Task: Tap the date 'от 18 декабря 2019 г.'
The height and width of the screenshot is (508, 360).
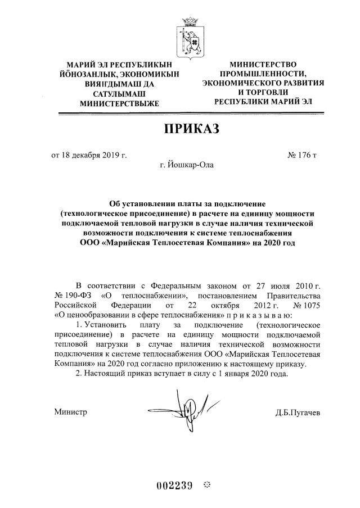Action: click(x=89, y=155)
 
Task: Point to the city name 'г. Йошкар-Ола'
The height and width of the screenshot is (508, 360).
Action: click(x=187, y=165)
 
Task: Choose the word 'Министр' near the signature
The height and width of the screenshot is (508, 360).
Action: click(x=70, y=412)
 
